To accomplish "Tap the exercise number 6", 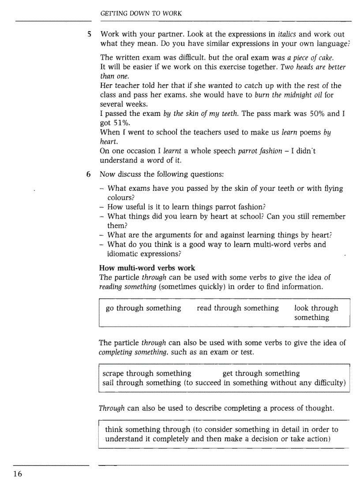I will coord(89,174).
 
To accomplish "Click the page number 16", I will coord(17,474).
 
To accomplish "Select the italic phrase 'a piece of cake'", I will coord(310,58).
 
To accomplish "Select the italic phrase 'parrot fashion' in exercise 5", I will coord(260,151).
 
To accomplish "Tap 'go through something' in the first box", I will coord(143,308).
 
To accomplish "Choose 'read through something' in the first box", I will coord(238,308).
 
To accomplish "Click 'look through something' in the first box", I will coord(315,313).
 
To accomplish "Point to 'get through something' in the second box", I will coord(261,373).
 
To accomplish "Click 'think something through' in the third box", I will coord(148,429).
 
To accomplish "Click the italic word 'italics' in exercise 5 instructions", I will coord(288,34).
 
